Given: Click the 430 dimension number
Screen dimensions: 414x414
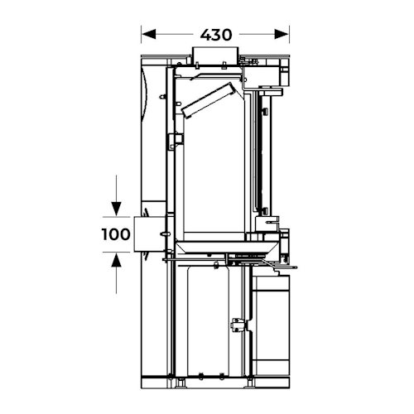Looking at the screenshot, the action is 216,35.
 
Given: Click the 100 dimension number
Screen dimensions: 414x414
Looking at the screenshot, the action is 116,234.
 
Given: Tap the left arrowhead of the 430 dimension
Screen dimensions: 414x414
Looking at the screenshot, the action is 148,35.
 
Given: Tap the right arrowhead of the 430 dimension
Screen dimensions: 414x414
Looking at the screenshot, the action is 282,35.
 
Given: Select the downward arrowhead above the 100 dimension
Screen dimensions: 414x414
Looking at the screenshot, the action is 116,209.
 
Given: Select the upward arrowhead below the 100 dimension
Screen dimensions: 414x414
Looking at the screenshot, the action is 116,260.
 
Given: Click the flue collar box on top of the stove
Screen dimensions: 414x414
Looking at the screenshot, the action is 215,55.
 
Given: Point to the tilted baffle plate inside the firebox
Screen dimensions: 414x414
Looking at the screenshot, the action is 209,100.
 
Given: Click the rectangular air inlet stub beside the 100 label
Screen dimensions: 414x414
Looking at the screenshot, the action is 149,234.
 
